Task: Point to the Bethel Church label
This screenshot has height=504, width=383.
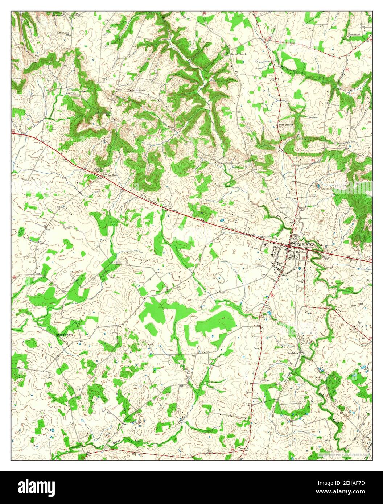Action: (x=238, y=54)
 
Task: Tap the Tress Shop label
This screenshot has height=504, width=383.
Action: (x=111, y=175)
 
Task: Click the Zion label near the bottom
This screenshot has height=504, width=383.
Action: (x=240, y=448)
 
